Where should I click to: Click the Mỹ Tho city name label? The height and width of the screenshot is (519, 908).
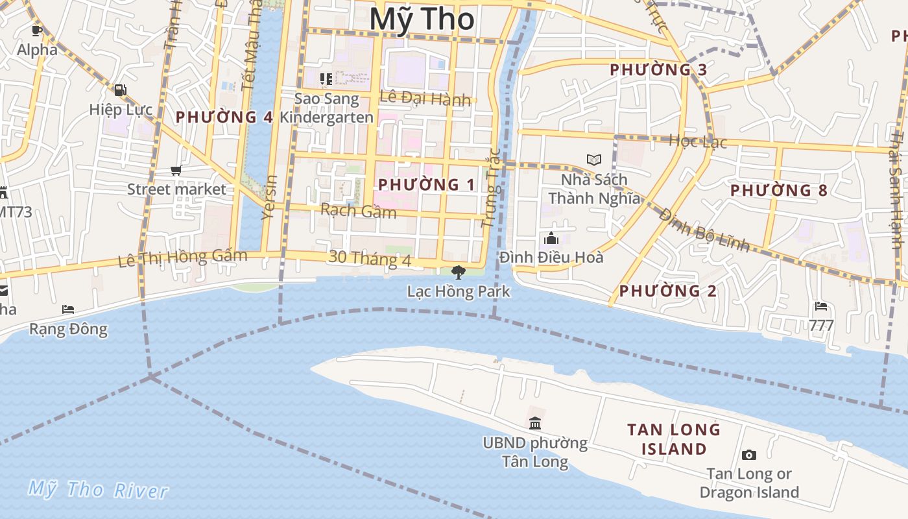pyautogui.click(x=422, y=19)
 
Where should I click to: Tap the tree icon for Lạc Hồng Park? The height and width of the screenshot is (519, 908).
pyautogui.click(x=459, y=272)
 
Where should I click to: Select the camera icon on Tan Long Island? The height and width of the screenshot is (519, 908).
pyautogui.click(x=748, y=455)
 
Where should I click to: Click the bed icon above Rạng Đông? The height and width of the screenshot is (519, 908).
pyautogui.click(x=68, y=309)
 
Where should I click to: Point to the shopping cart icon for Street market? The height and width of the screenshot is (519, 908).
pyautogui.click(x=176, y=171)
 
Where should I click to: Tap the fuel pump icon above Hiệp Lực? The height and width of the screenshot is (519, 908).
pyautogui.click(x=121, y=90)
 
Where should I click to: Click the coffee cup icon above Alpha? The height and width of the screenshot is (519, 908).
pyautogui.click(x=37, y=30)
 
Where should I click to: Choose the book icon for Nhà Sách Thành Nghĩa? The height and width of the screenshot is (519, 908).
pyautogui.click(x=593, y=160)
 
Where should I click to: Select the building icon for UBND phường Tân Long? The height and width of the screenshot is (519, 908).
pyautogui.click(x=535, y=424)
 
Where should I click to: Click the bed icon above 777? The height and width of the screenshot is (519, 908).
pyautogui.click(x=821, y=306)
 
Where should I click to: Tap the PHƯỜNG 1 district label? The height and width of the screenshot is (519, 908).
pyautogui.click(x=427, y=185)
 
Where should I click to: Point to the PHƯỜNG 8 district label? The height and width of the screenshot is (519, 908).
pyautogui.click(x=779, y=191)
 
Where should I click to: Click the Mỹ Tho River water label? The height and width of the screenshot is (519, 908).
pyautogui.click(x=98, y=490)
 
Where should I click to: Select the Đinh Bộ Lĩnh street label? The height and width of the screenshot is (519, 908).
pyautogui.click(x=704, y=228)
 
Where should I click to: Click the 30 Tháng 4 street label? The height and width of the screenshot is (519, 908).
pyautogui.click(x=370, y=258)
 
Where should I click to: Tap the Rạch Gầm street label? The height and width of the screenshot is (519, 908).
pyautogui.click(x=358, y=211)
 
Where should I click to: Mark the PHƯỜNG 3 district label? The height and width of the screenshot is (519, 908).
pyautogui.click(x=658, y=69)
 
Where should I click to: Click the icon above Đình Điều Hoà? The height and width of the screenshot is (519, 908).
pyautogui.click(x=551, y=238)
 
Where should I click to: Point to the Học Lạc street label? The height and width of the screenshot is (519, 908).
pyautogui.click(x=698, y=141)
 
